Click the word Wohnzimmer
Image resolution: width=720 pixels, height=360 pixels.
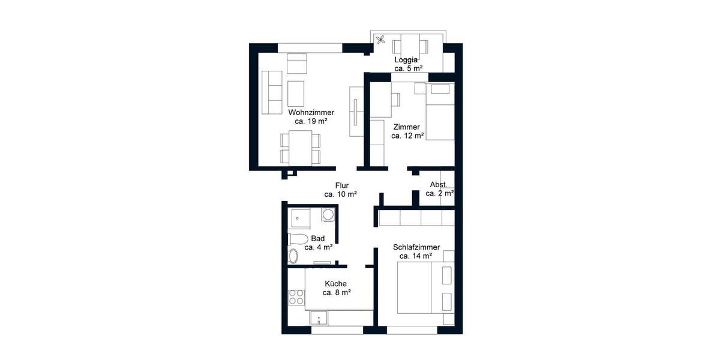pos(311,112)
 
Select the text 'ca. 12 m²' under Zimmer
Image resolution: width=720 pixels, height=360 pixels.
pos(407,136)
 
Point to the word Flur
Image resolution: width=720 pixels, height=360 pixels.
pos(341,186)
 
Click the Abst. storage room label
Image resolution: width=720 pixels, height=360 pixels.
pos(439,185)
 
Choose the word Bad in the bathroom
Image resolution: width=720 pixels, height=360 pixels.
pos(318,238)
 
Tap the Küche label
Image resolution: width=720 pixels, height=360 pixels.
pos(336,284)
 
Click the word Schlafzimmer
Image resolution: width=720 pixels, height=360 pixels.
pos(416,247)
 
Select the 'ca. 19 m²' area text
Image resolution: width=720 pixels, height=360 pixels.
pos(311,121)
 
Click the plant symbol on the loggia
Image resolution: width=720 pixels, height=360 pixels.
pos(380,40)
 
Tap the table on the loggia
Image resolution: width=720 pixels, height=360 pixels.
pos(410,46)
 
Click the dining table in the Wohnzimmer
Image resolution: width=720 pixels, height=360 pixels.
pos(300,148)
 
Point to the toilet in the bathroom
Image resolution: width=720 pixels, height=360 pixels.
pos(298,239)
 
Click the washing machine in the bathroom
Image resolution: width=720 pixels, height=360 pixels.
pos(328,214)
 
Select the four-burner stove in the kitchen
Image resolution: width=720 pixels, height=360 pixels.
pos(296,296)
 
